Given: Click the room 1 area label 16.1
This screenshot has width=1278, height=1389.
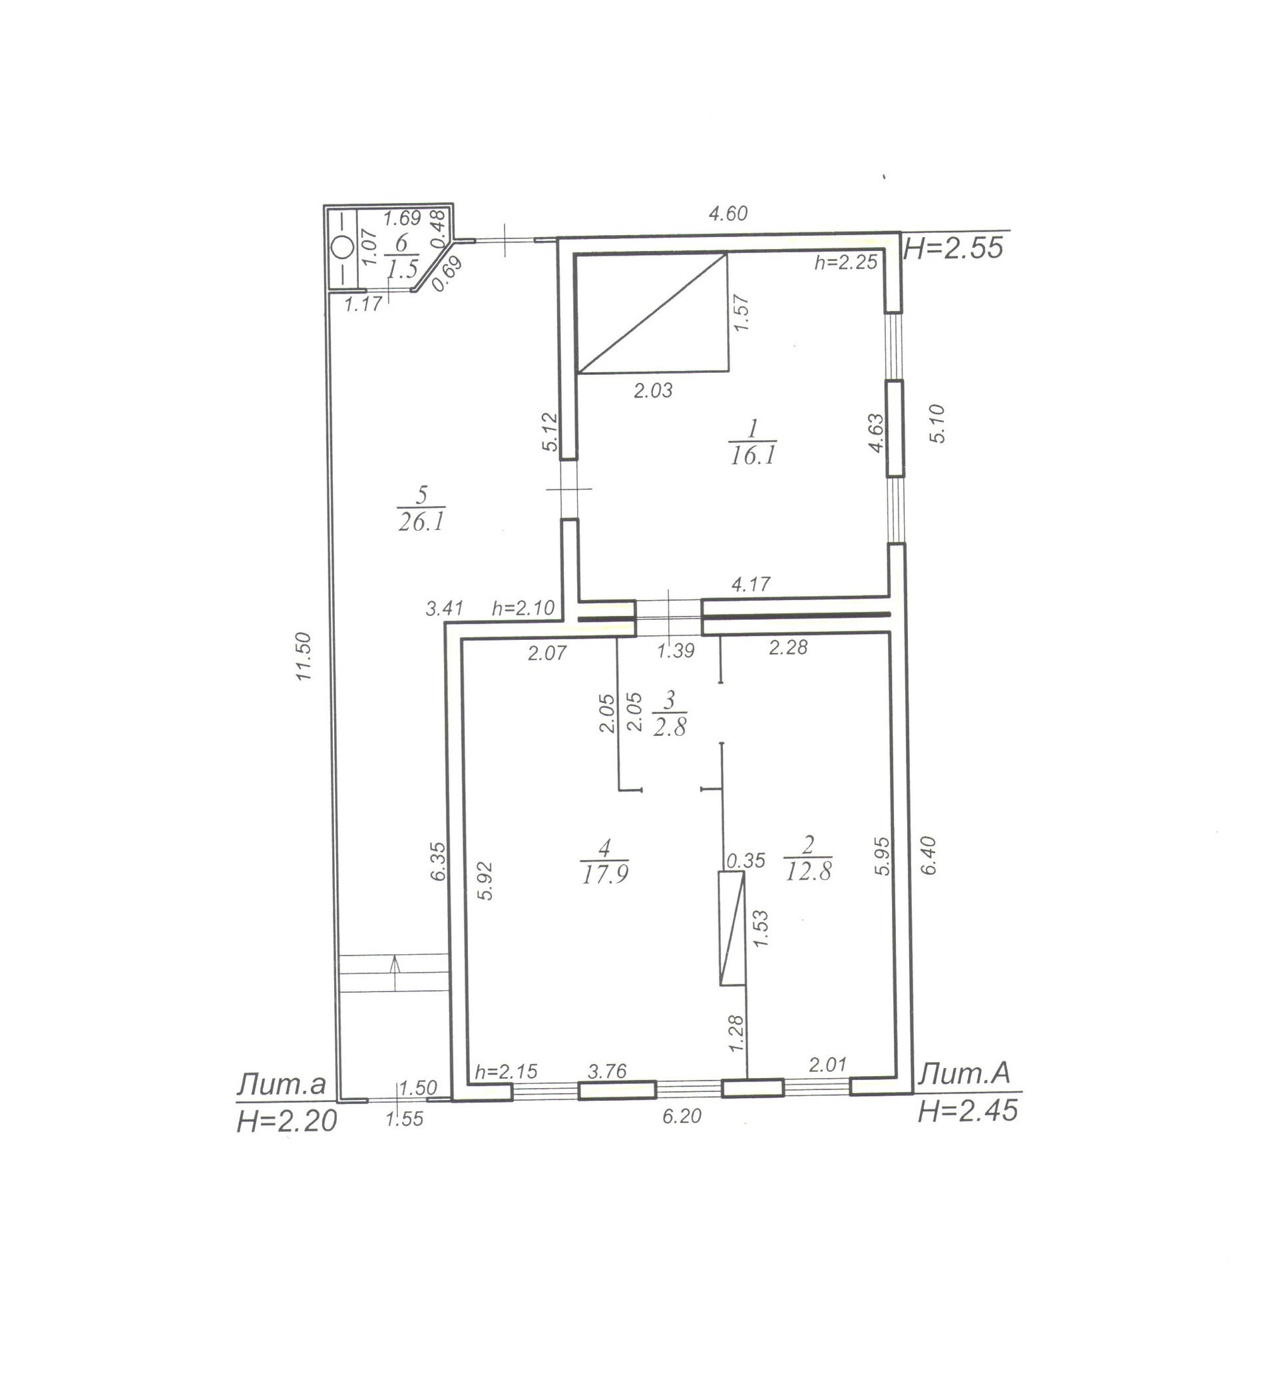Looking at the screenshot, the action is [753, 455].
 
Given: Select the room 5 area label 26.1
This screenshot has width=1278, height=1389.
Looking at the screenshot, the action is [421, 521].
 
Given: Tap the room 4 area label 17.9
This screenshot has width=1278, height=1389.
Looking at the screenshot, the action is [605, 875].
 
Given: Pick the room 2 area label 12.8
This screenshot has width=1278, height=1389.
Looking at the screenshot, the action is [809, 872].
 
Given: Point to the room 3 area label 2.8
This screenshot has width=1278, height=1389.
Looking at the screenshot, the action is [670, 727].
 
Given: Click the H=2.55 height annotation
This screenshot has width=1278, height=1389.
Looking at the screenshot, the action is [954, 248].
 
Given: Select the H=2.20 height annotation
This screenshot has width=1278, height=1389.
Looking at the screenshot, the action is [286, 1121].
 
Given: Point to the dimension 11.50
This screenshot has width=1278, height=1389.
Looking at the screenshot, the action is [304, 657].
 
